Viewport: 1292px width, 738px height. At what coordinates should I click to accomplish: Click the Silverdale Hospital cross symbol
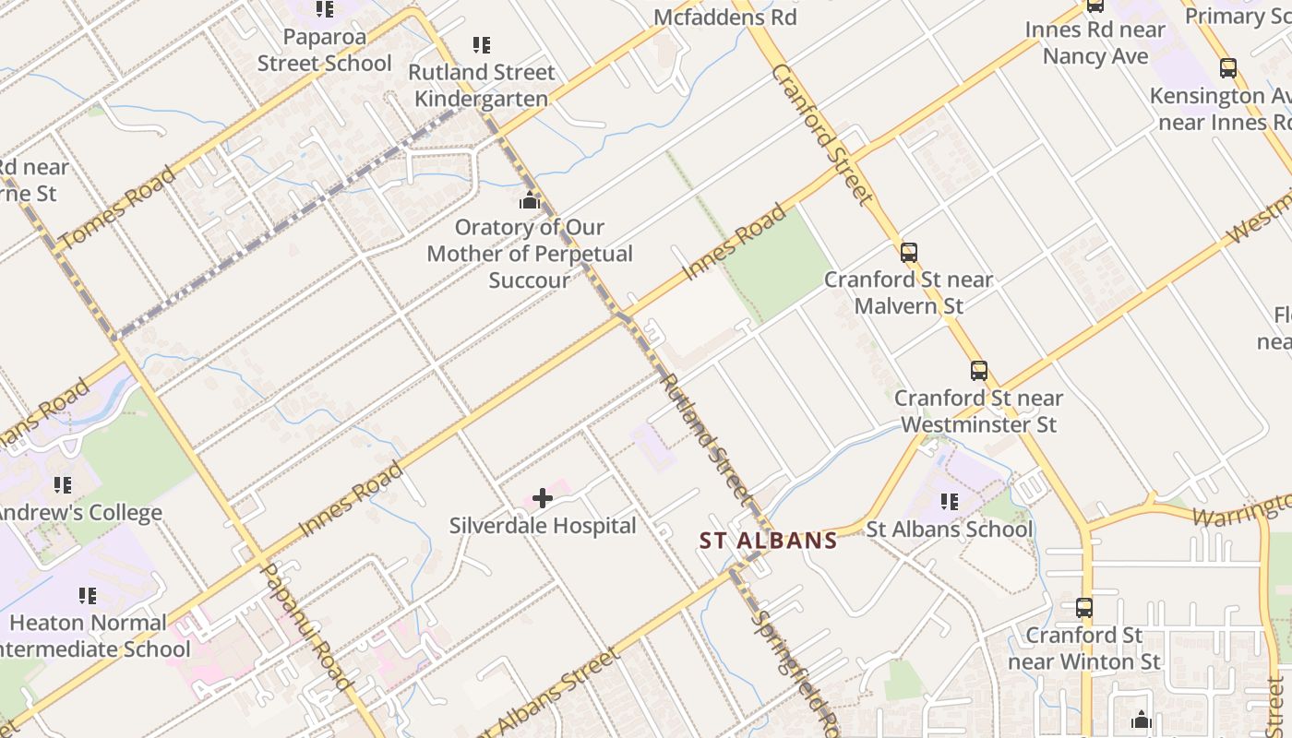tap(543, 499)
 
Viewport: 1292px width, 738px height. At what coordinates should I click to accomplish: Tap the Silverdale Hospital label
tap(543, 526)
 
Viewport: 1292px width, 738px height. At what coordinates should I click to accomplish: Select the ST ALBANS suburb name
tap(768, 541)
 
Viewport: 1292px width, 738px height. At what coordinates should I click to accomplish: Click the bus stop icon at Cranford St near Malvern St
tap(909, 252)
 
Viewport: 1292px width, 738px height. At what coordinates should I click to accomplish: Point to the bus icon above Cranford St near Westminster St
tap(979, 371)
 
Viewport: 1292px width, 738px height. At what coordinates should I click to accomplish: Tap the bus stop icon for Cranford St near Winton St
tap(1084, 608)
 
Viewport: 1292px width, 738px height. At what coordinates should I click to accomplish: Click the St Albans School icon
tap(950, 502)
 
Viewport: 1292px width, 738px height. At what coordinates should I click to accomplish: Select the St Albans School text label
tap(950, 530)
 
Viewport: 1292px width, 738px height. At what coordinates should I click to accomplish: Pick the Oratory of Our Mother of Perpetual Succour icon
tap(530, 199)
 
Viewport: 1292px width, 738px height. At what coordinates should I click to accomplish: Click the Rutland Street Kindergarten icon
tap(482, 44)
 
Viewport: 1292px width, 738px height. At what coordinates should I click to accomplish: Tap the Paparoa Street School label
tap(325, 50)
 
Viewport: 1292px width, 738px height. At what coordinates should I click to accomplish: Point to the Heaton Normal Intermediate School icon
tap(88, 596)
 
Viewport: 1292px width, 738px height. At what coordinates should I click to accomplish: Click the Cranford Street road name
tap(822, 134)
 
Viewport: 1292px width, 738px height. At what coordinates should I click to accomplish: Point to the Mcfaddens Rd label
tap(725, 17)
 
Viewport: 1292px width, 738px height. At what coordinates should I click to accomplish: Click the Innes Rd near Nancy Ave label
tap(1095, 42)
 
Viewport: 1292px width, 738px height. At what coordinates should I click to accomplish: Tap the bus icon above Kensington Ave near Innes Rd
tap(1228, 67)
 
